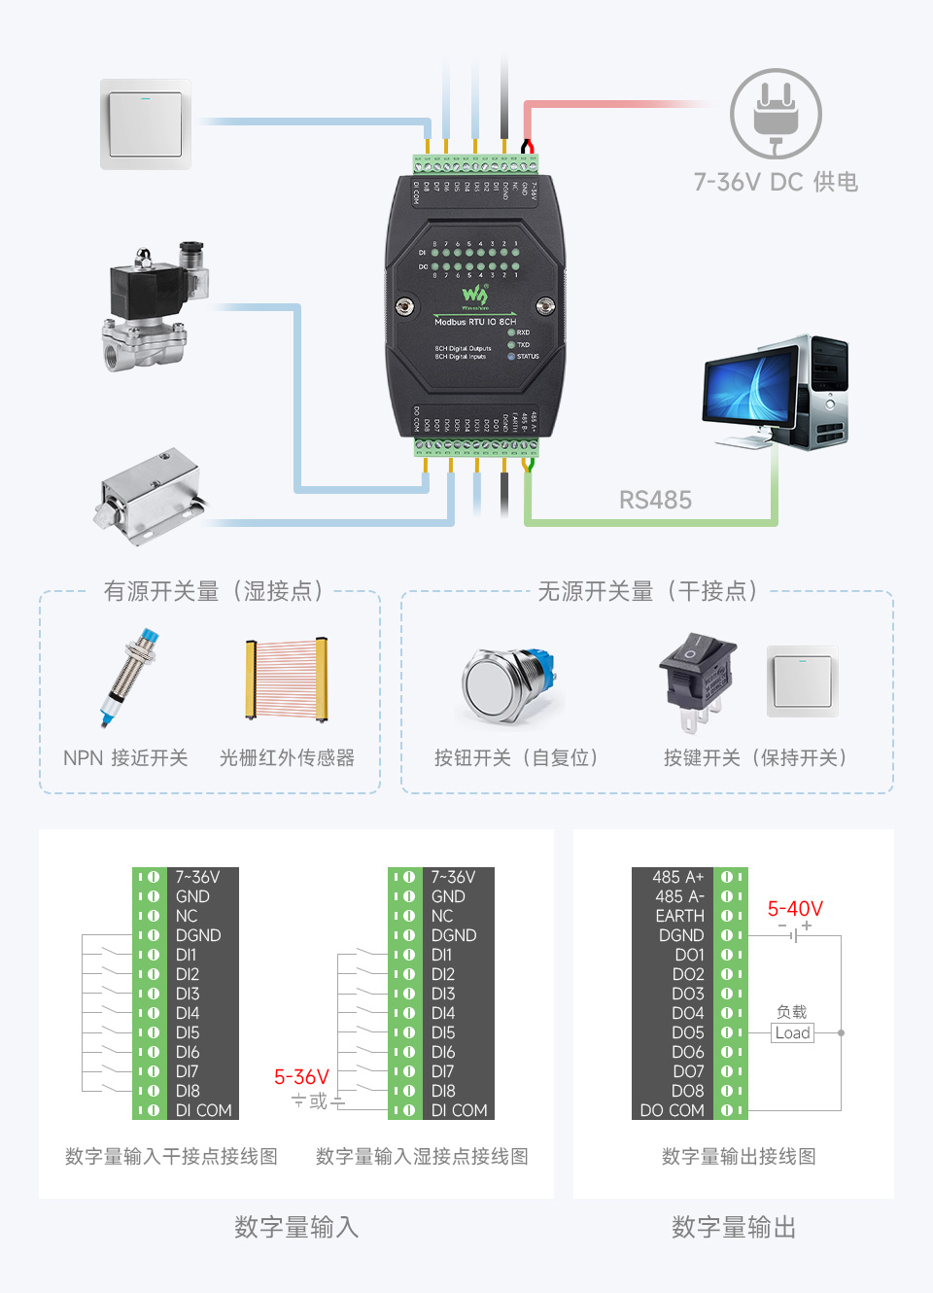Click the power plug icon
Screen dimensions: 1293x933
click(x=776, y=114)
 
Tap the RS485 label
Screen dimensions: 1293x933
click(x=655, y=500)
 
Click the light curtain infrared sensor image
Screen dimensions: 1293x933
click(x=286, y=679)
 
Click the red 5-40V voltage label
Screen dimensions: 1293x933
click(x=795, y=909)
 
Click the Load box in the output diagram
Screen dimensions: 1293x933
click(x=792, y=1033)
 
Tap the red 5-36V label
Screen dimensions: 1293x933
click(x=301, y=1077)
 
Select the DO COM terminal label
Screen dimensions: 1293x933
click(x=672, y=1110)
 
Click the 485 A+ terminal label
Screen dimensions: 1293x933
click(x=677, y=877)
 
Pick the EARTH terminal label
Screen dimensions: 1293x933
click(x=679, y=916)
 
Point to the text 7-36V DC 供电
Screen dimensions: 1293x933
click(x=775, y=182)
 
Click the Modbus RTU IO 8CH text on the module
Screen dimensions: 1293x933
click(x=475, y=322)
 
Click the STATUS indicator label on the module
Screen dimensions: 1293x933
click(x=528, y=357)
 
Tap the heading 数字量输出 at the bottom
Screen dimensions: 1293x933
click(x=734, y=1227)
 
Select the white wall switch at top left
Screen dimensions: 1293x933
click(x=146, y=124)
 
